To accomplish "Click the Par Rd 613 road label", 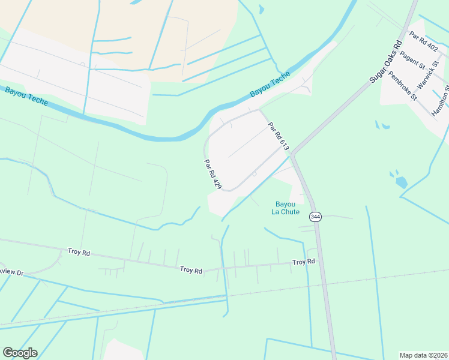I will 279,136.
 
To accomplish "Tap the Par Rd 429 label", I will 212,175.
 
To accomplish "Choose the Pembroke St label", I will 402,86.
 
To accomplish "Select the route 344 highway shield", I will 315,216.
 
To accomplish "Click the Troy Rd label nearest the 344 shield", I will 304,262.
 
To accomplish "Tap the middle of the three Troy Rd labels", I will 191,270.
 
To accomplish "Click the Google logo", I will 20,353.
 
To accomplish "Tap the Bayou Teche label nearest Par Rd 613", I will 270,85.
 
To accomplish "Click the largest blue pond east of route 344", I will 401,182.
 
